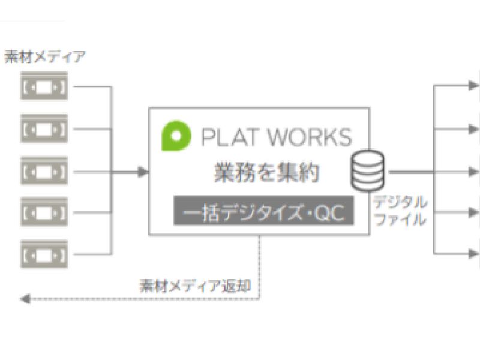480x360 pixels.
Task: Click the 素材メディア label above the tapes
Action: [x=46, y=58]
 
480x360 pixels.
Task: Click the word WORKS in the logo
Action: [x=310, y=137]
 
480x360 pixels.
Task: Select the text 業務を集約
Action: [x=266, y=173]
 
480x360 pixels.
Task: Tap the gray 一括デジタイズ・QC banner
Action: [x=264, y=211]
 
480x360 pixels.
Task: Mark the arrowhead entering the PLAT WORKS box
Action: [x=143, y=172]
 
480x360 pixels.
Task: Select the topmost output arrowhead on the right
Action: [x=473, y=86]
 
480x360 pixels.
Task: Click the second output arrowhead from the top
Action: [x=473, y=128]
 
